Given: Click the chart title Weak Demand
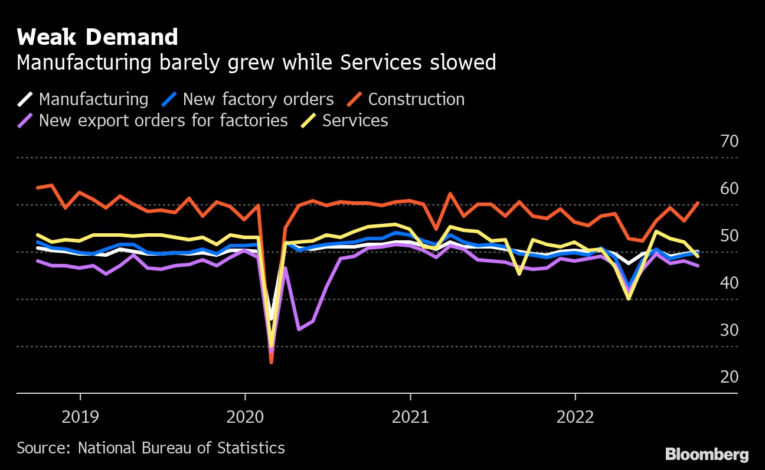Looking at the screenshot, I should [x=97, y=37].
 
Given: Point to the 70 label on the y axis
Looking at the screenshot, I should [x=729, y=142].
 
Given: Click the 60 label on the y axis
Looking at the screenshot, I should [x=729, y=189].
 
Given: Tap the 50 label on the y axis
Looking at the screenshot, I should [x=729, y=236].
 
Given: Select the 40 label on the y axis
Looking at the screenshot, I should [x=729, y=283].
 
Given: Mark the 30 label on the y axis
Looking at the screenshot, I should [x=729, y=331].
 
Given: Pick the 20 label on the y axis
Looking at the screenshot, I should [x=729, y=377].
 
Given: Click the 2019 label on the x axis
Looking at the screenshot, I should [x=80, y=417].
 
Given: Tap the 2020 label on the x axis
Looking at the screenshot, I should [x=244, y=417].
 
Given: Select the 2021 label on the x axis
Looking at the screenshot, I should [x=410, y=417].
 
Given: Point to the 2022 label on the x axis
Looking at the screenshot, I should [x=576, y=417].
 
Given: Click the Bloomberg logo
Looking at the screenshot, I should [x=707, y=455].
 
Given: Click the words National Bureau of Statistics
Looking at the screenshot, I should [x=181, y=448].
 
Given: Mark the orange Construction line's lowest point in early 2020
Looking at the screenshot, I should [x=271, y=362].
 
